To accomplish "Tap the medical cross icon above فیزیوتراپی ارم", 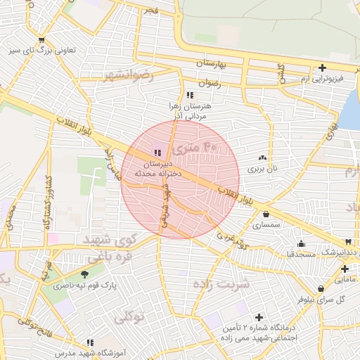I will (x=322, y=68).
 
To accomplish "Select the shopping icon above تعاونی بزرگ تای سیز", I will (x=42, y=39).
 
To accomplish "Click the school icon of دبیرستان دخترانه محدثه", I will (x=156, y=153).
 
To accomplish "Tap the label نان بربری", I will (x=265, y=169).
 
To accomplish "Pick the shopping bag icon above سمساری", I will (x=266, y=214).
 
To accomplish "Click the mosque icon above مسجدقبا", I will (x=302, y=243).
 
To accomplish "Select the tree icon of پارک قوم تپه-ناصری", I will (x=85, y=274).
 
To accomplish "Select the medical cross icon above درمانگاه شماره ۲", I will (x=259, y=318).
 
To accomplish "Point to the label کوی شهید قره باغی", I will (x=108, y=247).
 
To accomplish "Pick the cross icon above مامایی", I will (x=345, y=269).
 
